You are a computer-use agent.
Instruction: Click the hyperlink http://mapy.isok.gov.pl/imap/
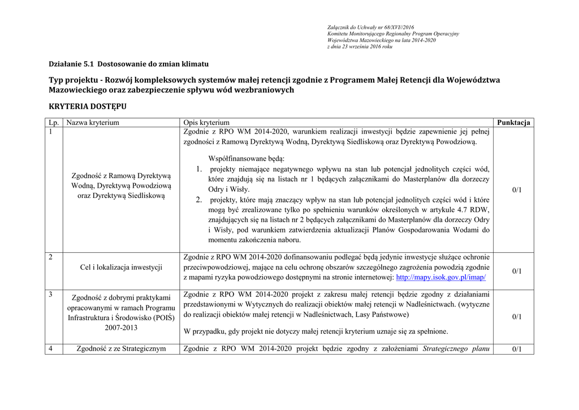click(441, 278)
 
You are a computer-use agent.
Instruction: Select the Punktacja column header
click(513, 123)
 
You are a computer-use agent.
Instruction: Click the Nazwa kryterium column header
click(93, 123)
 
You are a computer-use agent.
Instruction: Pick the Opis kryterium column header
click(207, 123)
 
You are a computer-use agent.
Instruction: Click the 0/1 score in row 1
click(517, 190)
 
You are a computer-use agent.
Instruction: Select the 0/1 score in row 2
click(517, 271)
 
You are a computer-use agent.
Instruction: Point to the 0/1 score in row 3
click(517, 317)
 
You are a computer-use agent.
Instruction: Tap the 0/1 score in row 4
click(517, 349)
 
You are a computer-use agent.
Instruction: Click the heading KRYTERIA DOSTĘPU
click(88, 106)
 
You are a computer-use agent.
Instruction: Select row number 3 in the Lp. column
click(51, 294)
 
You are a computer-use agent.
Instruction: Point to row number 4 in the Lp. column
click(51, 348)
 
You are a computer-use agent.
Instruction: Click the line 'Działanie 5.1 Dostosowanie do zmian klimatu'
click(128, 64)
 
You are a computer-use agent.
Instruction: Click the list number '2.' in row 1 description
click(199, 200)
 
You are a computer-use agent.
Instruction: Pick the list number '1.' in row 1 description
click(199, 169)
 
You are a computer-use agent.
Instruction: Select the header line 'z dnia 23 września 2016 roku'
click(360, 47)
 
